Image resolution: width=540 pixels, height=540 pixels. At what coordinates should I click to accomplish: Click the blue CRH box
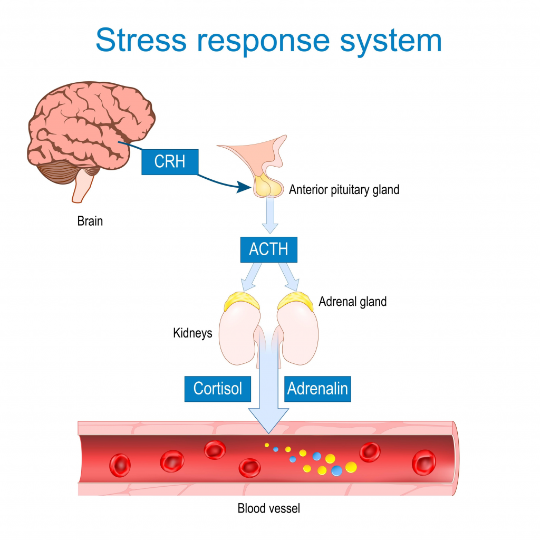click(170, 161)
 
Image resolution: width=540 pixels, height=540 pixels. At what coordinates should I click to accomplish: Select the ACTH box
click(268, 249)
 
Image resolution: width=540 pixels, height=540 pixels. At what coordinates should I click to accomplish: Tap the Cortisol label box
click(217, 389)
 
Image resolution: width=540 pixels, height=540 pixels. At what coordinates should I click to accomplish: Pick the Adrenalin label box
click(317, 389)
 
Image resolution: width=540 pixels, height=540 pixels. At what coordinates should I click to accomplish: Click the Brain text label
click(90, 221)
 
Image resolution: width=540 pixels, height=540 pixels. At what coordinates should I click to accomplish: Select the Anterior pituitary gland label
click(344, 189)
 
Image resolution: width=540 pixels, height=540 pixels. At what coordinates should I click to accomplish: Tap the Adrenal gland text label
click(352, 302)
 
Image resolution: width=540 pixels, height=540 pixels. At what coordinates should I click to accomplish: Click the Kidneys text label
click(192, 333)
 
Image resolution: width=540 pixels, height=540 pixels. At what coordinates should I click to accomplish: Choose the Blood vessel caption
click(268, 509)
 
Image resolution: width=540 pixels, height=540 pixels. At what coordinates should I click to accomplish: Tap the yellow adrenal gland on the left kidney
click(242, 302)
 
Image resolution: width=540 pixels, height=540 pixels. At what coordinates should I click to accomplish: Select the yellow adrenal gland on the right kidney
click(296, 302)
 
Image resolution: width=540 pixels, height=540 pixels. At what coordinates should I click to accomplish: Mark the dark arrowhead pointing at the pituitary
click(243, 186)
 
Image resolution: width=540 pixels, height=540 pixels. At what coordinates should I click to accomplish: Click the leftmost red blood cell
click(120, 465)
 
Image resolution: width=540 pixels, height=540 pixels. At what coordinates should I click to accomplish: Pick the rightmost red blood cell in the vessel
click(423, 462)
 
